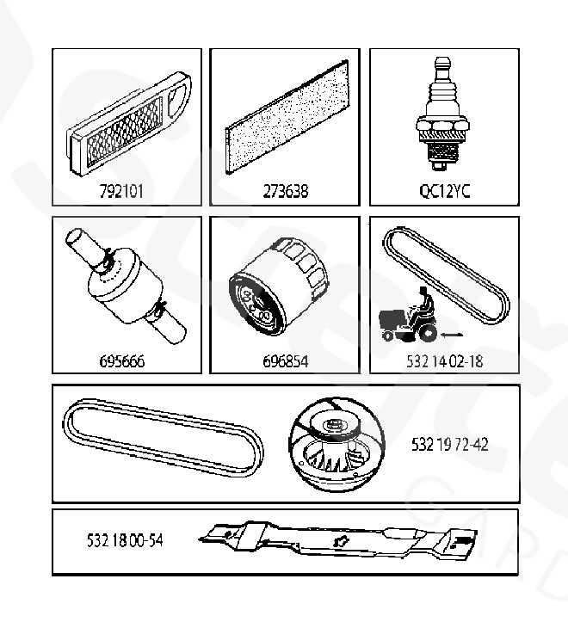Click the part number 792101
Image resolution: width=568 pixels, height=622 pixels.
[x=121, y=191]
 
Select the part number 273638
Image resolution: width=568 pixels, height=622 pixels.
[x=286, y=191]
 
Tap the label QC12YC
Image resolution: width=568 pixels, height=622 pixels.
[x=445, y=191]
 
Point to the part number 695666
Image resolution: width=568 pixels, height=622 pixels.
[x=122, y=361]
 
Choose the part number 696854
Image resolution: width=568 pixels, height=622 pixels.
[x=286, y=361]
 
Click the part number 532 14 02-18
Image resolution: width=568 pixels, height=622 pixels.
[x=445, y=361]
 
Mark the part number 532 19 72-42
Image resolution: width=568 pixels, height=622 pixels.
[x=449, y=444]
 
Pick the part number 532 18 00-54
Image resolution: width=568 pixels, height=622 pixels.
[x=125, y=540]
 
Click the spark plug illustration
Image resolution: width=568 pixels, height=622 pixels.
[x=443, y=114]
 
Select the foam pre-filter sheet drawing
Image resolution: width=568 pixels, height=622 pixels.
[x=287, y=117]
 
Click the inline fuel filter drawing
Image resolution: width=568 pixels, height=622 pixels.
[x=126, y=286]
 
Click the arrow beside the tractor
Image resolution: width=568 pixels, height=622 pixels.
[x=452, y=336]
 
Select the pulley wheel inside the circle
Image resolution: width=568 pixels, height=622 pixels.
[x=336, y=445]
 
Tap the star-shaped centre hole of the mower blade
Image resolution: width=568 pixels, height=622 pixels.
[x=341, y=540]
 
